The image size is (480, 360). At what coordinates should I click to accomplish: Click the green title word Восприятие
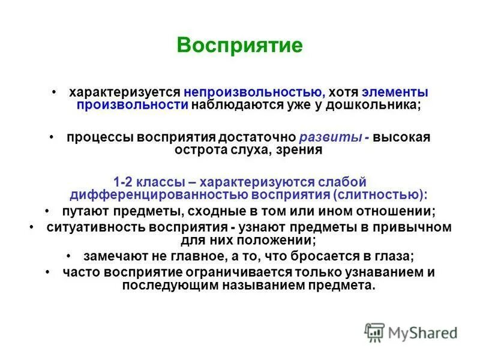(x=240, y=46)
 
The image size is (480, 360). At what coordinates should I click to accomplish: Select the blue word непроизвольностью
(x=254, y=93)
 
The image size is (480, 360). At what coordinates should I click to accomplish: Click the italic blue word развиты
(x=334, y=137)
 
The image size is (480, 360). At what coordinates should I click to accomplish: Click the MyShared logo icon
(x=374, y=332)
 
